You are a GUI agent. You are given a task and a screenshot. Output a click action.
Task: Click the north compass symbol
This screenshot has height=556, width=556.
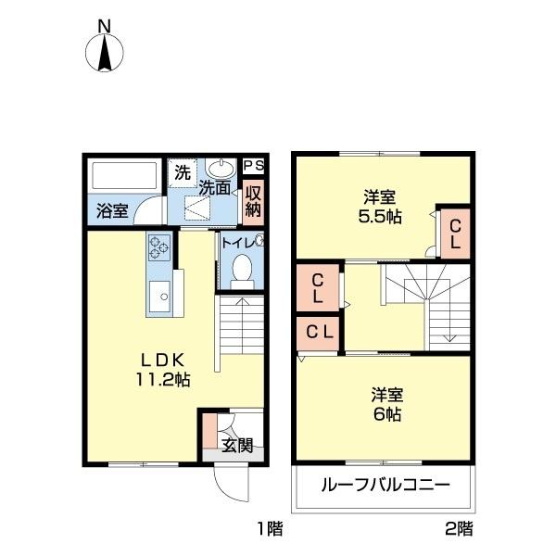tap(105, 50)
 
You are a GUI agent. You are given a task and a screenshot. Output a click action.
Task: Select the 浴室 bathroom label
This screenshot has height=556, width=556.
tap(113, 209)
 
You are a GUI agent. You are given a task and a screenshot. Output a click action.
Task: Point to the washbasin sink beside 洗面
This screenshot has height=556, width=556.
tap(221, 170)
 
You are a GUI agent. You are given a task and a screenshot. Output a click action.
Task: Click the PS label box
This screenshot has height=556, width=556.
tap(253, 166)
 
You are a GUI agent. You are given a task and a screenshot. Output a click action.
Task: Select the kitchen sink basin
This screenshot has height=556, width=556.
tap(158, 297)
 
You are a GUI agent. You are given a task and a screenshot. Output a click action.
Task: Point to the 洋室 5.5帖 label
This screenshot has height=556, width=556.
tap(381, 206)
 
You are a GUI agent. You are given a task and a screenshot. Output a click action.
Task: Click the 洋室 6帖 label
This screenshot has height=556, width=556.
tap(381, 405)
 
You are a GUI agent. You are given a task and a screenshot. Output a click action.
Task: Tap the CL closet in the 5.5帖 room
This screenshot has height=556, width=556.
tap(455, 234)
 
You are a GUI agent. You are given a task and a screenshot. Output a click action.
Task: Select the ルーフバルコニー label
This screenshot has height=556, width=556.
tap(385, 485)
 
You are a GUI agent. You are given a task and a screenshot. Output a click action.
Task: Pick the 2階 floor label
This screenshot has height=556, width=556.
tap(458, 529)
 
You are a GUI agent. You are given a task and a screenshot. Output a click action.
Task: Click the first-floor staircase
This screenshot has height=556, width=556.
tap(241, 324)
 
